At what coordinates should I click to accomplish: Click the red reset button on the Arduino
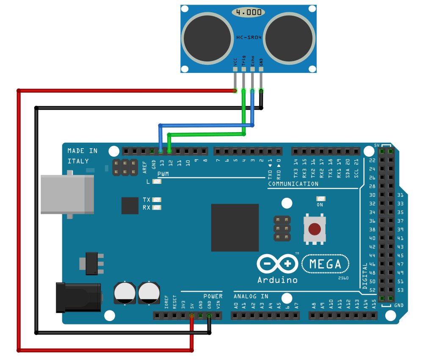click(x=314, y=229)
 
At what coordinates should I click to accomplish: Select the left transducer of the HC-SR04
click(x=207, y=38)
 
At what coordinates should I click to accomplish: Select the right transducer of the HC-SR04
click(x=290, y=38)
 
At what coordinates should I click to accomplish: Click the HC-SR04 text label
click(x=249, y=38)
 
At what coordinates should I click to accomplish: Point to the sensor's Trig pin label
click(x=244, y=60)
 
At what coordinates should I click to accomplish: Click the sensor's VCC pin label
click(x=235, y=61)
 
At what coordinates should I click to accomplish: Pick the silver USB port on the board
click(x=67, y=194)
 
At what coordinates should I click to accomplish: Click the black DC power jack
click(x=78, y=298)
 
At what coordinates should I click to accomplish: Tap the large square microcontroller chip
click(x=235, y=227)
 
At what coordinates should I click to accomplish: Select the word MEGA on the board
click(x=325, y=264)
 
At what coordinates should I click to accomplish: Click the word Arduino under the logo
click(x=277, y=280)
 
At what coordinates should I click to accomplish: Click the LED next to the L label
click(x=157, y=181)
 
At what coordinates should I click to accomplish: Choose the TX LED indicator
click(x=157, y=199)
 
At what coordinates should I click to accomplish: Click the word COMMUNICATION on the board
click(x=293, y=184)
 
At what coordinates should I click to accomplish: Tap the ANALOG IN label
click(x=251, y=296)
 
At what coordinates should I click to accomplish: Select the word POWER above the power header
click(x=213, y=296)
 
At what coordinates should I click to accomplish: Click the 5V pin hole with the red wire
click(x=192, y=316)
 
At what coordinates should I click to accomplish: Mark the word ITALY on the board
click(x=78, y=161)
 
